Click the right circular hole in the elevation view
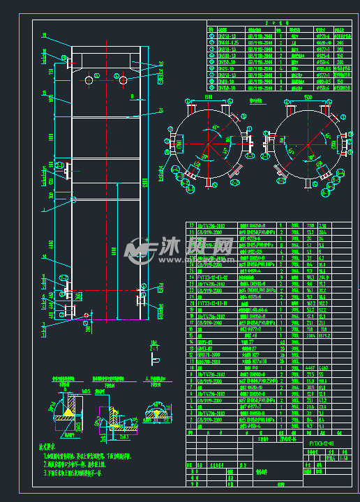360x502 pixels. (123, 81)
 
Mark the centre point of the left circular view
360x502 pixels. (207, 144)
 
